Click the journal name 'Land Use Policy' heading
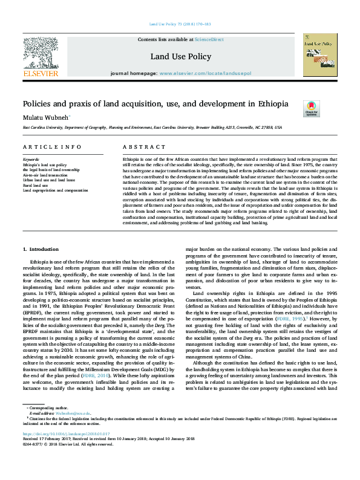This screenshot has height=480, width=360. [180, 57]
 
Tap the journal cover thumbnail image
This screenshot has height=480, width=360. [320, 54]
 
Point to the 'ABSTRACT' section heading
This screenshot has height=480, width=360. [140, 148]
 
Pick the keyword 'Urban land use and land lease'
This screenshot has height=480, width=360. [48, 180]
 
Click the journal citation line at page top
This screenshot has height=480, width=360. [180, 24]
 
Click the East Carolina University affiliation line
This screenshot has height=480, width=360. [151, 128]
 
